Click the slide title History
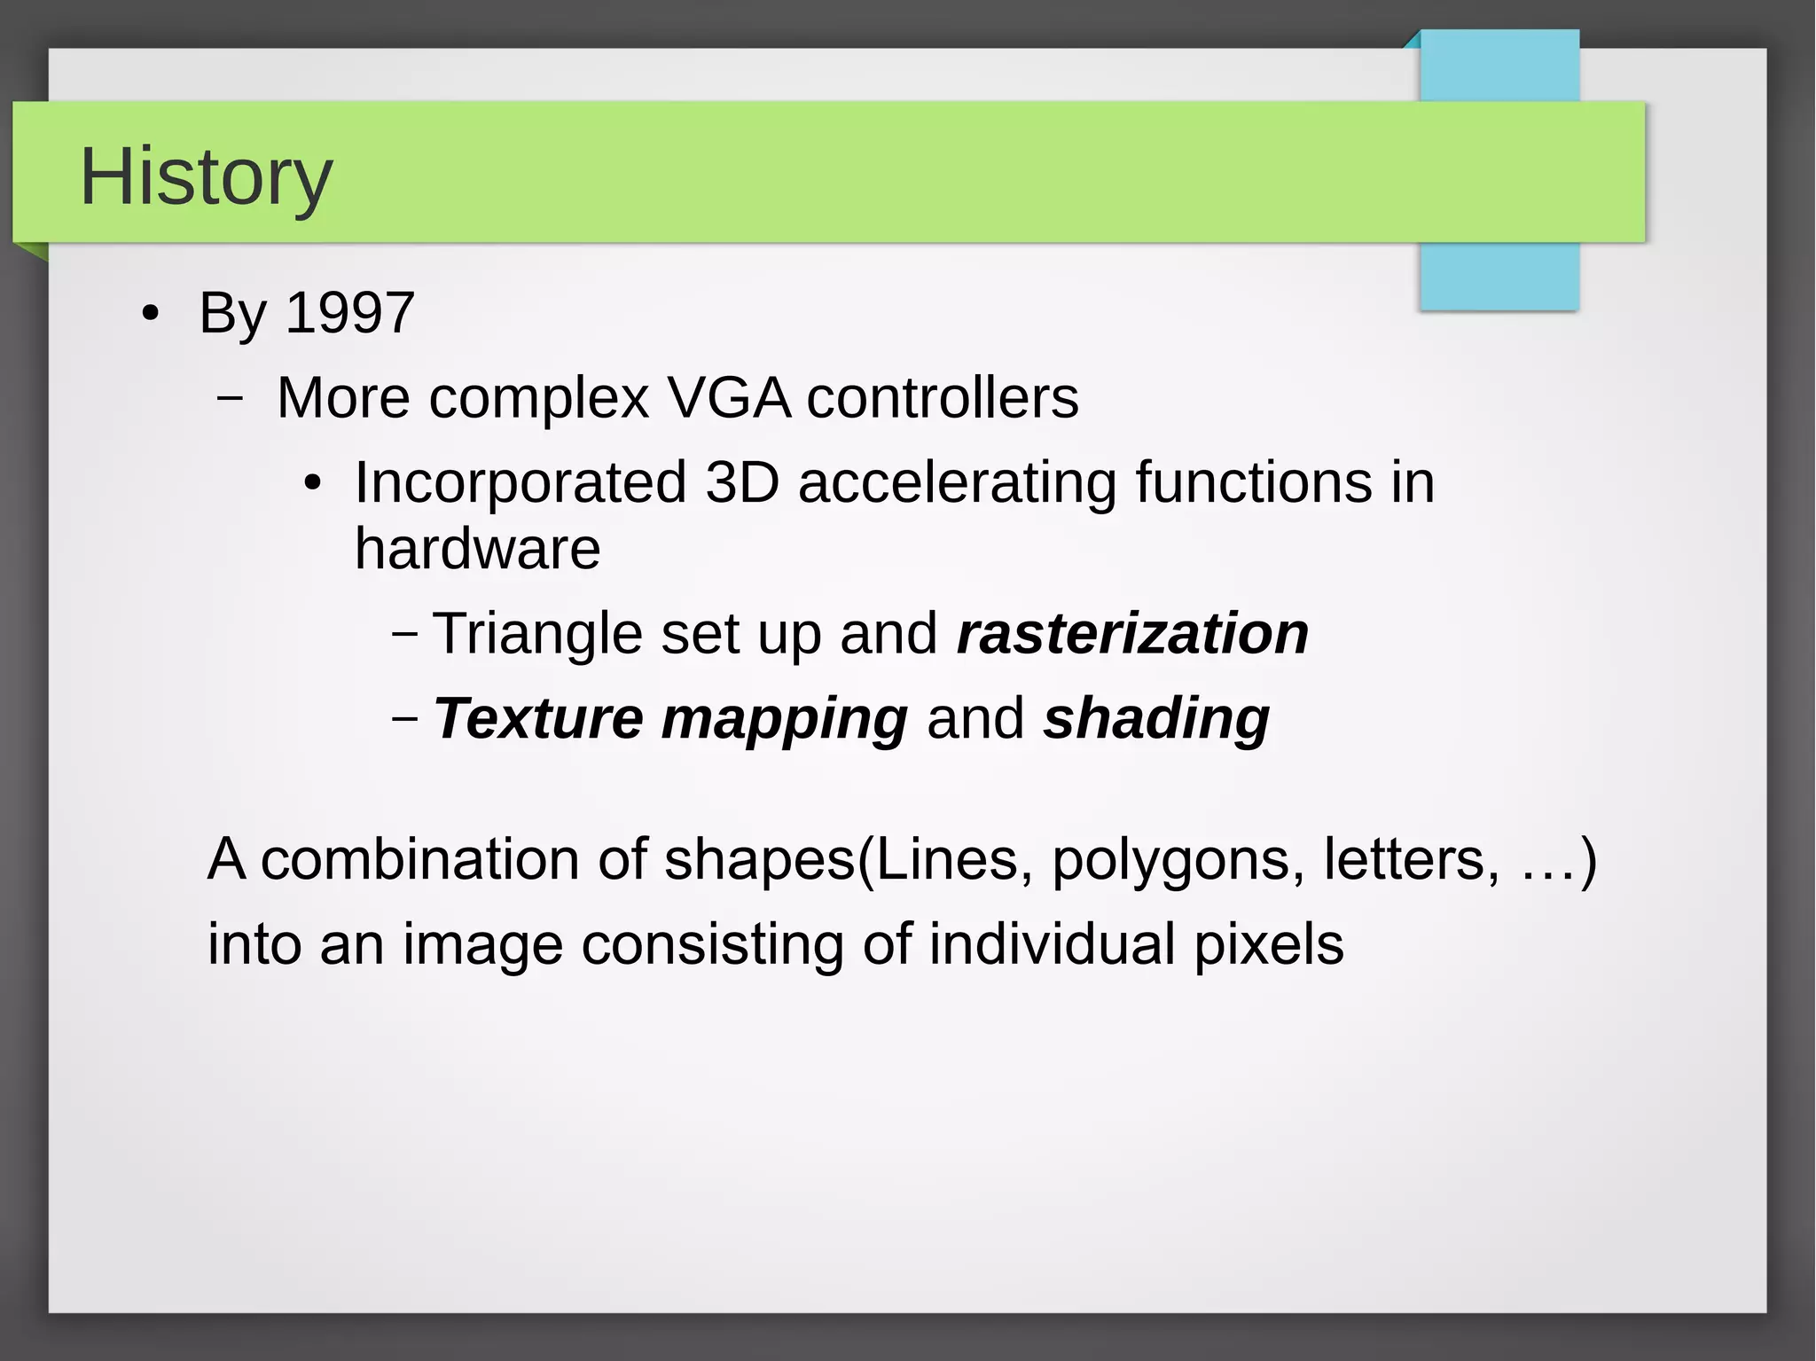click(206, 176)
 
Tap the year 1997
click(350, 313)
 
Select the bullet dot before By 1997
click(151, 314)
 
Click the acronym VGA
click(728, 397)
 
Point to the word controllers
click(943, 397)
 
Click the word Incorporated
click(521, 482)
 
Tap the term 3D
click(742, 482)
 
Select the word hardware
click(477, 549)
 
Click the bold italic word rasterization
click(1132, 634)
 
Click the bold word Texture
click(538, 718)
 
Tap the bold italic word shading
click(1156, 718)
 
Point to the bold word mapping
click(785, 720)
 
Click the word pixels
click(1268, 944)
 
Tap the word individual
click(1052, 943)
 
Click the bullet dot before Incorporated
click(312, 484)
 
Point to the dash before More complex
click(230, 399)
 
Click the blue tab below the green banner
click(1499, 276)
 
